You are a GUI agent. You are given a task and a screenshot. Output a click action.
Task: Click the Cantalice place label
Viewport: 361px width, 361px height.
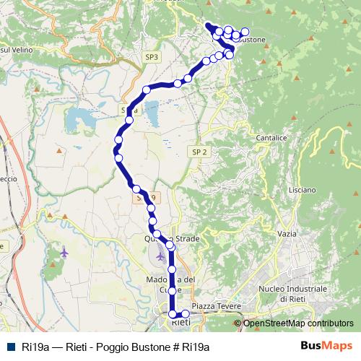[x=271, y=136]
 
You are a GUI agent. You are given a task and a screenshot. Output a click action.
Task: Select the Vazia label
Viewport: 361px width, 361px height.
[x=287, y=234]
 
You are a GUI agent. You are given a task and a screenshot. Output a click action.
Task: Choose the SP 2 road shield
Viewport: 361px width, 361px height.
[x=200, y=152]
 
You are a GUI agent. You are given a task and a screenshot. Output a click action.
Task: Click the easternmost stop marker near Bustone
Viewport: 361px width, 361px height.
[x=245, y=32]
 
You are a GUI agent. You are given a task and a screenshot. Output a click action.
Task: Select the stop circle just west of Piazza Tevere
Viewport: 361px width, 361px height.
[x=186, y=313]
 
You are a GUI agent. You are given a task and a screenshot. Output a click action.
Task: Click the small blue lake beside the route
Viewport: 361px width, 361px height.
[x=152, y=109]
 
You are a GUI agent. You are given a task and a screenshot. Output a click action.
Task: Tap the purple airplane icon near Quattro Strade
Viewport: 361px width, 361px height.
[x=160, y=256]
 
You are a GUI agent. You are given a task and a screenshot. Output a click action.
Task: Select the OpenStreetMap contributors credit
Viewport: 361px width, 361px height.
[x=298, y=323]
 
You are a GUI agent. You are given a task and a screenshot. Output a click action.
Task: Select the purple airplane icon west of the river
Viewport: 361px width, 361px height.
[x=66, y=252]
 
